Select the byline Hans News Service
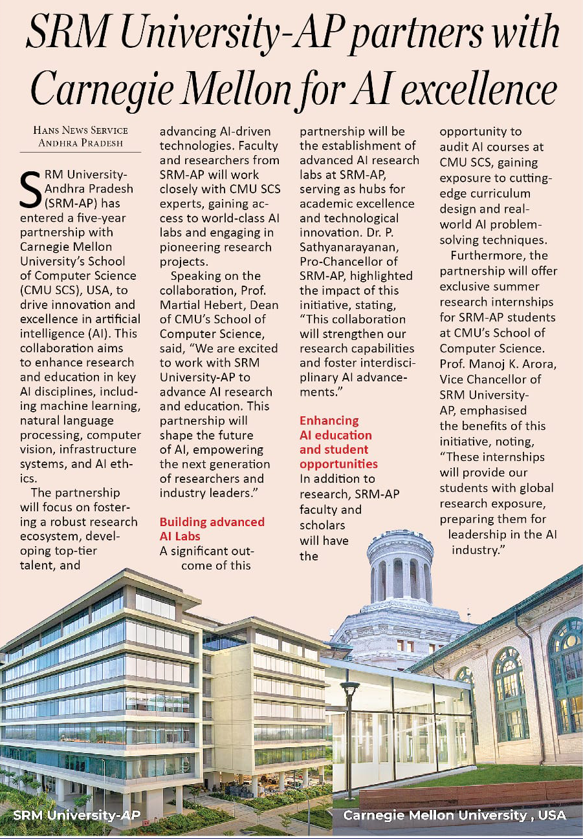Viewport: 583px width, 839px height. tap(80, 130)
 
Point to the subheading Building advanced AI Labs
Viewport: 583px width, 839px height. tap(212, 529)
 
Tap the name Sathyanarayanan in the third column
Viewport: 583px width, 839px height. tap(342, 246)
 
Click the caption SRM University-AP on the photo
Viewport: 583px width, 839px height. tap(76, 814)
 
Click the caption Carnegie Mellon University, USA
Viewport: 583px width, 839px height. tap(454, 814)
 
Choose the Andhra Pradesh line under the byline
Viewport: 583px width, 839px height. tap(80, 143)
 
